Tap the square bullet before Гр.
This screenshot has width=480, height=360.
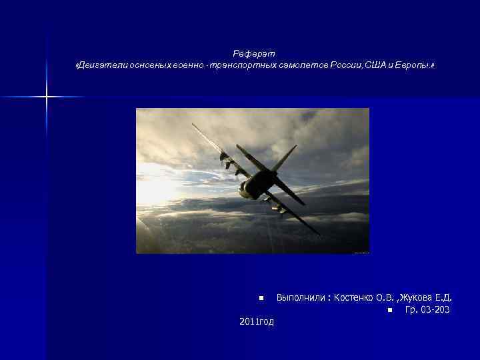point(389,310)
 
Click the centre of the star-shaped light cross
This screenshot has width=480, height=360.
point(47,97)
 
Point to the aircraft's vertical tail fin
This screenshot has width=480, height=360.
point(283,159)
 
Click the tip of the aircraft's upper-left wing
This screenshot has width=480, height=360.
point(193,125)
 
